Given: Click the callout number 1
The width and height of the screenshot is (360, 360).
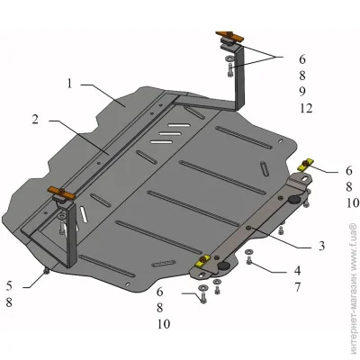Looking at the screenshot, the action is coord(69,84).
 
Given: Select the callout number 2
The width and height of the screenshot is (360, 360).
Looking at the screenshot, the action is coord(36,120).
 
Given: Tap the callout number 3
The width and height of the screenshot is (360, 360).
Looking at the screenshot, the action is coord(321,246).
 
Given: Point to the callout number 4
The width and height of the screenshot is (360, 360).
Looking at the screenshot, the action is coord(297,271).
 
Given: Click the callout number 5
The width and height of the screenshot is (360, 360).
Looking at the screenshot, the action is coord(9,286).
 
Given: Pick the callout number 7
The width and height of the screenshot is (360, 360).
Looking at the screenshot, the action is coord(297,287).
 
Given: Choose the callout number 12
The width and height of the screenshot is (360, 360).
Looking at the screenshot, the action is coord(306,108).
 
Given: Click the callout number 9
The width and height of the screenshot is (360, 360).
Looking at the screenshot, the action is coord(302,91).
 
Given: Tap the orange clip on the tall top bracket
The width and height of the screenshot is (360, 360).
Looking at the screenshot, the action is coord(229,37).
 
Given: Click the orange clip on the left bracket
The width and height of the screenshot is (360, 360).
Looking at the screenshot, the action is coord(61,193).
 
